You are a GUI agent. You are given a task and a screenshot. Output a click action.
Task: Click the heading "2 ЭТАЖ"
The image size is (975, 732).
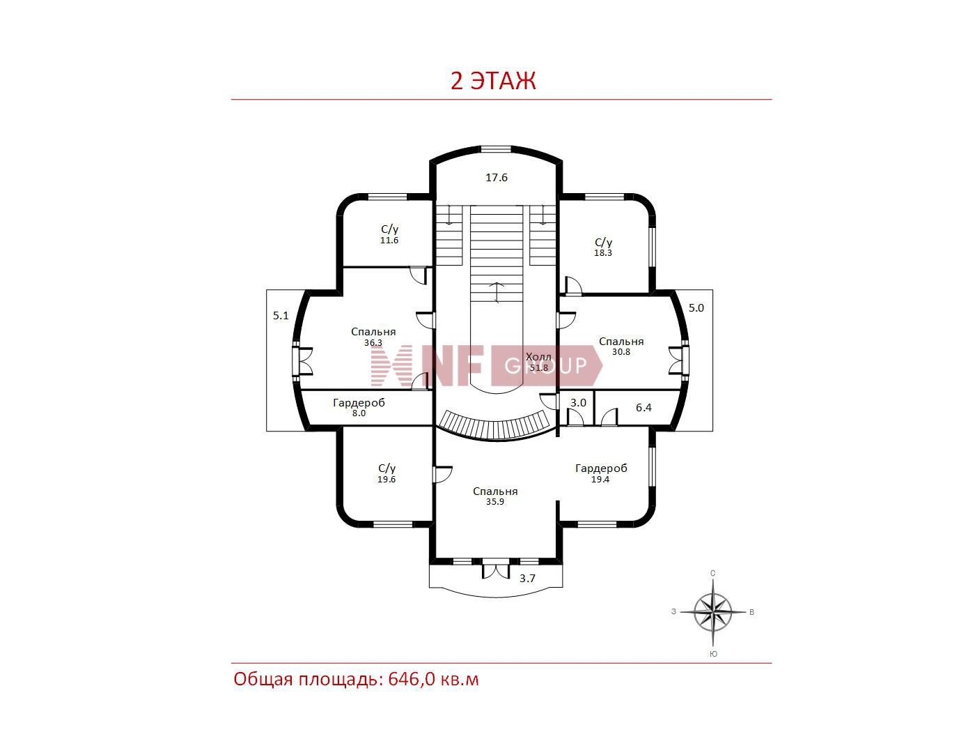coord(493,81)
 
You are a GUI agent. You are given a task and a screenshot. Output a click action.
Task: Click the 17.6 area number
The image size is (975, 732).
coord(496,178)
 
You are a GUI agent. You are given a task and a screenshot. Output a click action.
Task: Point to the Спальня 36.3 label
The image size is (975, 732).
coord(373,337)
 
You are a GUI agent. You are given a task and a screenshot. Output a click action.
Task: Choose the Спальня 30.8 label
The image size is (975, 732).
coord(621,346)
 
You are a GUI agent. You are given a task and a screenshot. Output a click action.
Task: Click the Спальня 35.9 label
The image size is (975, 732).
coord(495,496)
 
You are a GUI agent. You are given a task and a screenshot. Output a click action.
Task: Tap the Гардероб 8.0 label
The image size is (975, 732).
coord(359,408)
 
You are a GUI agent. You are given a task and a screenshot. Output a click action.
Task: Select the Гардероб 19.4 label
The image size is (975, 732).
coord(600,473)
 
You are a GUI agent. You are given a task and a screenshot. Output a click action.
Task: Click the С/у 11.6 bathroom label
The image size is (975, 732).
coord(389,234)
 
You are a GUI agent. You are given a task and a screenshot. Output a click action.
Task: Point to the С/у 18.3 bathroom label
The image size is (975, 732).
coord(603,247)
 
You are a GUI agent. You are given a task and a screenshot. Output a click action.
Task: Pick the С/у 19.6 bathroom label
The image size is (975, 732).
coord(387,473)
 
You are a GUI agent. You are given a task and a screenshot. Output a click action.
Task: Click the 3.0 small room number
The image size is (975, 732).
coord(578,403)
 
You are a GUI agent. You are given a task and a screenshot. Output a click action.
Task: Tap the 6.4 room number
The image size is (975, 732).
coord(643,408)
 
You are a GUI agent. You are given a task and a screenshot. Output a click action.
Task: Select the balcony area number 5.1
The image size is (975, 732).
coord(280,316)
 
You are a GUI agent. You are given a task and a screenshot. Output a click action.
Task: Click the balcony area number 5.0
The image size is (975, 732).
coord(696,308)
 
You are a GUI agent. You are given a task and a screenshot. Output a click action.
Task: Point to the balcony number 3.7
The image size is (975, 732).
coord(527,578)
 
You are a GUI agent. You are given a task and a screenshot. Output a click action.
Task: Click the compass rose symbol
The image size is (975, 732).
coord(712,612)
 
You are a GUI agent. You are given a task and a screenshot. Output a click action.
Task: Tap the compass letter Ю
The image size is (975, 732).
coord(713,654)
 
